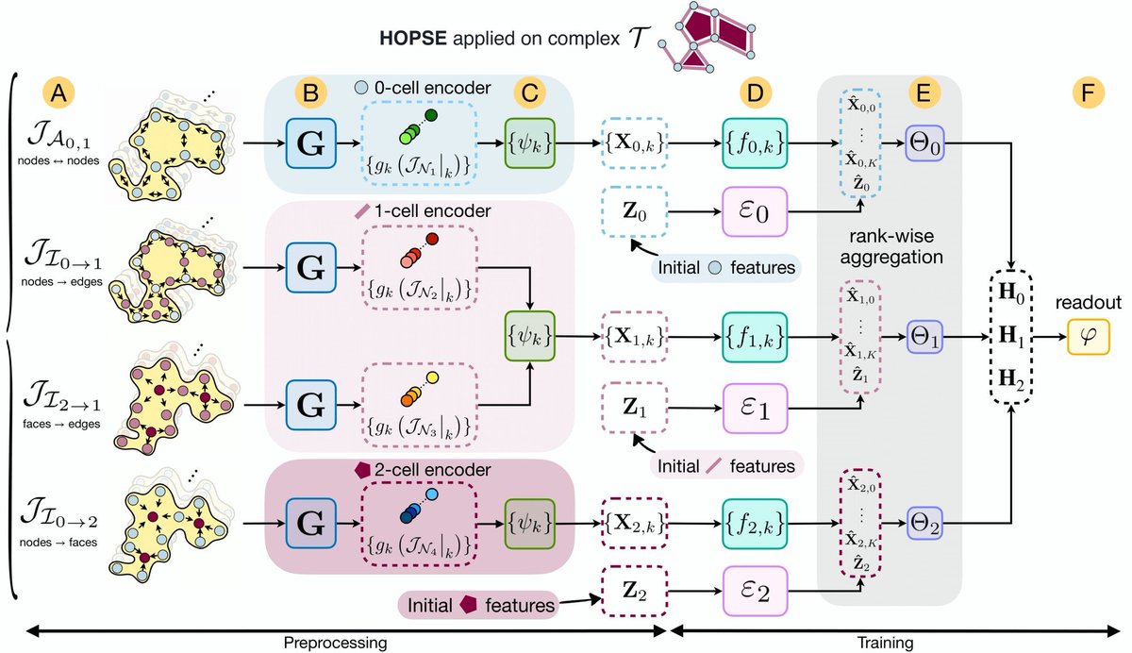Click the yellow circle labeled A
[58, 93]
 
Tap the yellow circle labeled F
[1088, 93]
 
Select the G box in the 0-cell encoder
[310, 143]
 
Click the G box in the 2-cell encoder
[310, 523]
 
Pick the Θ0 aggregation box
[924, 143]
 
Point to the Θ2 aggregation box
[924, 523]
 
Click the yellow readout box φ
[1088, 337]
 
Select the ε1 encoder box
[755, 409]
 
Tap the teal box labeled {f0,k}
[755, 143]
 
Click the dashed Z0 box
[634, 211]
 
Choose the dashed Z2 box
[634, 591]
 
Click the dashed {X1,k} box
[634, 337]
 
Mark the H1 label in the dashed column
[1011, 337]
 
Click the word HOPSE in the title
[413, 39]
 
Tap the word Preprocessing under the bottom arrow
[335, 643]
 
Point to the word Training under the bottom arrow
[886, 643]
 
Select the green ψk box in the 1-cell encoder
[529, 336]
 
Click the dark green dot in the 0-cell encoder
[431, 115]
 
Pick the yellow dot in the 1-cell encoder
[433, 377]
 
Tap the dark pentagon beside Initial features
[469, 605]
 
